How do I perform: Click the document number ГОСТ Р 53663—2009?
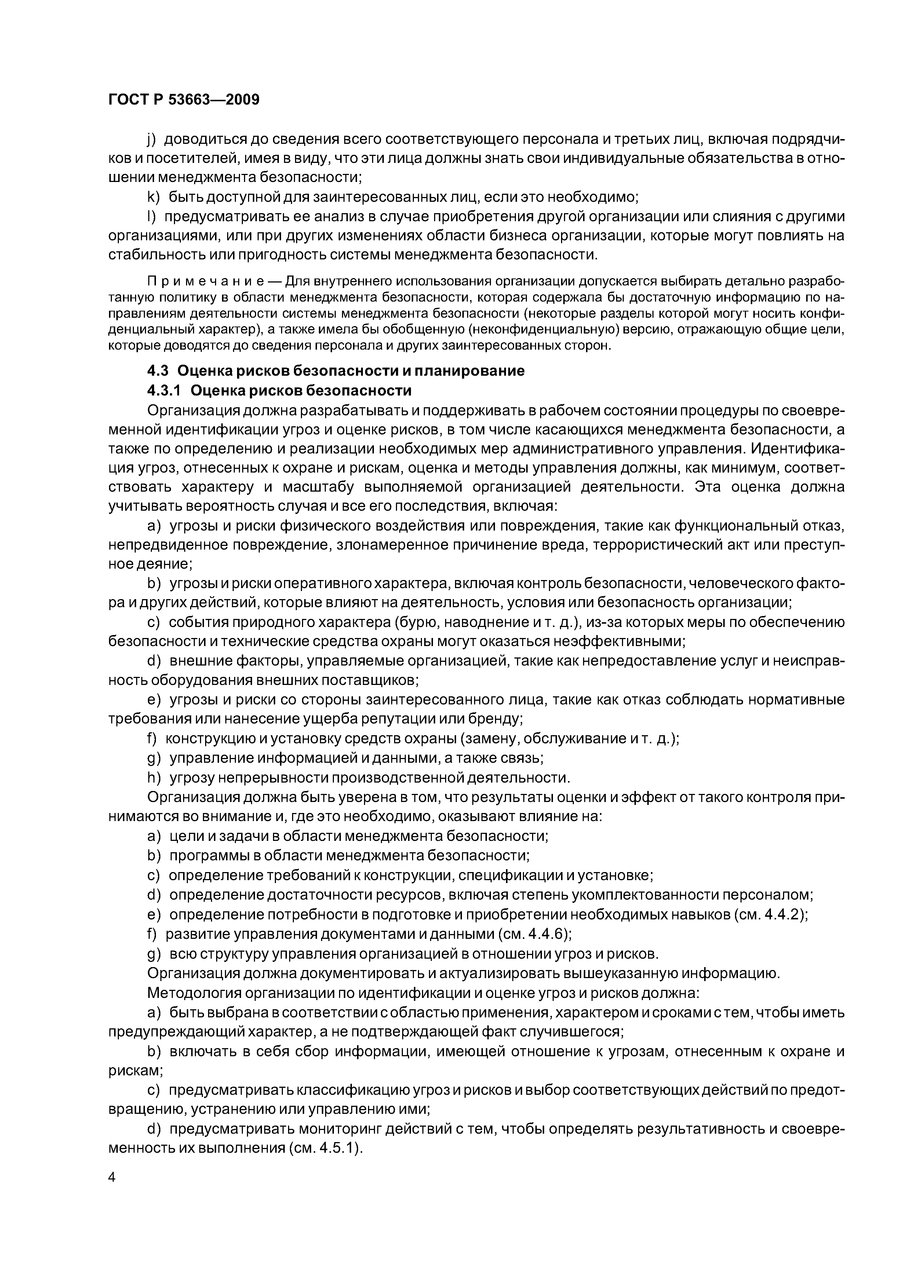[x=184, y=100]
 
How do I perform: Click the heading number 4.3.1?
[x=164, y=390]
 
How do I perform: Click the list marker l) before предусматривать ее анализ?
[x=151, y=216]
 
